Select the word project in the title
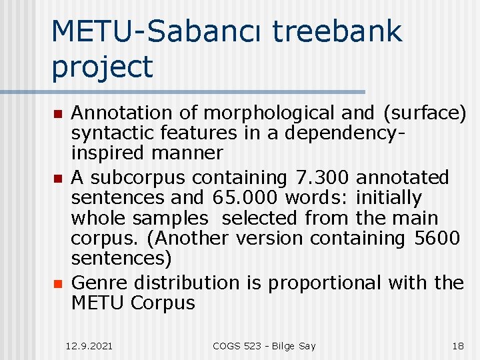click(x=102, y=66)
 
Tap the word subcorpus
click(x=143, y=178)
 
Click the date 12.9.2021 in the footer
click(x=89, y=346)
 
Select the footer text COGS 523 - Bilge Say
click(x=264, y=346)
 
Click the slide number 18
click(x=458, y=346)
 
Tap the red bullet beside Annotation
click(x=58, y=114)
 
